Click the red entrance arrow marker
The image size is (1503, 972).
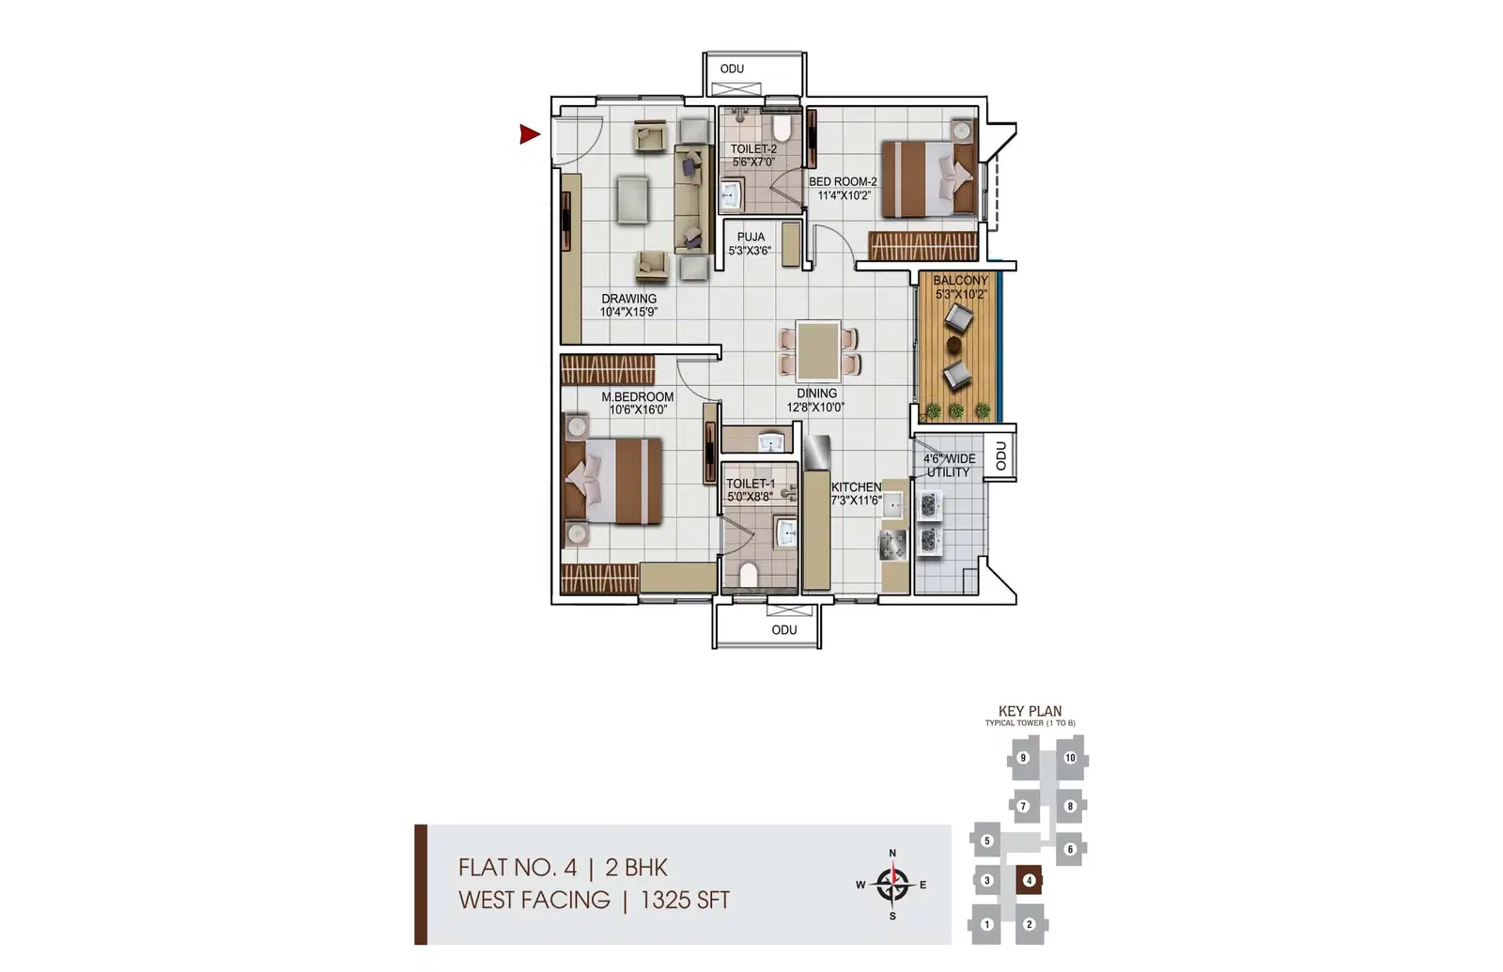click(x=529, y=134)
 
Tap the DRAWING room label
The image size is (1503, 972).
click(x=628, y=299)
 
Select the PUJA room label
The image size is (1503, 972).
click(x=751, y=237)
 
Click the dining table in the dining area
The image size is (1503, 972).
click(x=818, y=350)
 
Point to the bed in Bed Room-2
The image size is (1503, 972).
click(x=929, y=178)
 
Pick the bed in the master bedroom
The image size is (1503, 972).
click(x=612, y=481)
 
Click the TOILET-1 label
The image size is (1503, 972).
click(x=751, y=484)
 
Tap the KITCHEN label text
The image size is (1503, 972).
click(x=856, y=487)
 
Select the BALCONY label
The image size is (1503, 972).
click(x=960, y=281)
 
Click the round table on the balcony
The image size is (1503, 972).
click(x=953, y=345)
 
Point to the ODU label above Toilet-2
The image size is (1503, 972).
click(x=732, y=69)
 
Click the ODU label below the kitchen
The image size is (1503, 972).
click(x=784, y=630)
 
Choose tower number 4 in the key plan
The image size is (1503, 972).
click(x=1029, y=880)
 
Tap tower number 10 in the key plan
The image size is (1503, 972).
click(x=1070, y=758)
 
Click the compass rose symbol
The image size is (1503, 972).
click(x=892, y=885)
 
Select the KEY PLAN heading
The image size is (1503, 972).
click(x=1030, y=711)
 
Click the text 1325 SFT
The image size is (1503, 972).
click(x=685, y=900)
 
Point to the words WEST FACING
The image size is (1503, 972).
click(x=535, y=900)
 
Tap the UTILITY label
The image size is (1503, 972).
click(x=948, y=472)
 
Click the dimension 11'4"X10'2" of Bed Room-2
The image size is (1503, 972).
click(x=844, y=195)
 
